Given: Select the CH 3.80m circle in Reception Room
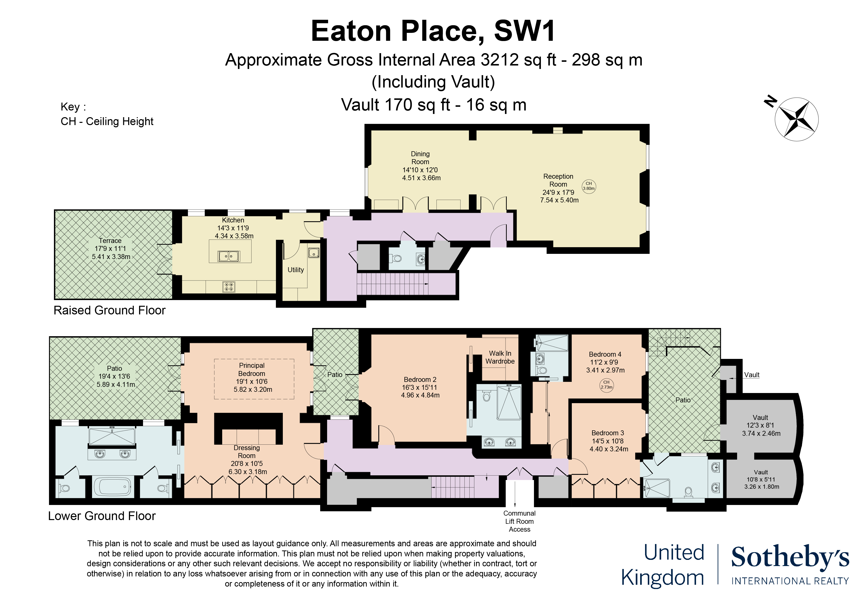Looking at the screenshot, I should [x=589, y=186].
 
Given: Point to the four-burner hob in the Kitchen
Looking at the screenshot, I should [x=229, y=287].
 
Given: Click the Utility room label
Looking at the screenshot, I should [x=296, y=270].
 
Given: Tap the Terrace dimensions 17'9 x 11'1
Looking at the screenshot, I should [x=110, y=248].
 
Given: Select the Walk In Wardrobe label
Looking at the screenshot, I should [x=500, y=357].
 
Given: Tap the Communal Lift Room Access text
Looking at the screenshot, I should [x=519, y=521].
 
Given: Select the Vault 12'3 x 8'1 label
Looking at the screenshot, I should [x=760, y=425].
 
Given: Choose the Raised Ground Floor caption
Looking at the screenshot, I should [x=110, y=310].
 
